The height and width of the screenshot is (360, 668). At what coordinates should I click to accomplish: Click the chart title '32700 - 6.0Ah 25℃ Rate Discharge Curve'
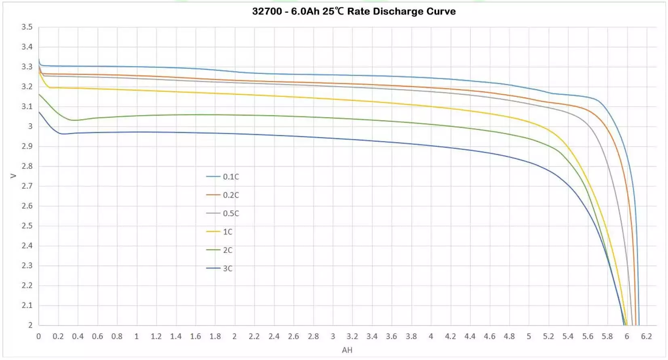354,11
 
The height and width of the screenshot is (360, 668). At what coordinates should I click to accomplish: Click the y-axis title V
13,176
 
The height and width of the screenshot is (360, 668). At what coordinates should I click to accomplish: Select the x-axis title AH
347,350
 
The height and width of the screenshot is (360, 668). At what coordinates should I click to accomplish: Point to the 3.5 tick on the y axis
27,27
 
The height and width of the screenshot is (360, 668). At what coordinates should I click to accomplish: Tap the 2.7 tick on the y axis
27,186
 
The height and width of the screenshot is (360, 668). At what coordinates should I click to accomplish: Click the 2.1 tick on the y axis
27,305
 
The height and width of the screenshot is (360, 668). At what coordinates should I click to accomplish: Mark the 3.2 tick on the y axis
27,86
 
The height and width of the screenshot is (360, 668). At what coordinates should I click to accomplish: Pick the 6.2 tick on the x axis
646,337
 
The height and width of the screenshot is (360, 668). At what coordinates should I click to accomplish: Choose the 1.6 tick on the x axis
195,337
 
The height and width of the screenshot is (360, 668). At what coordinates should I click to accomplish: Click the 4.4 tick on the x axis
470,337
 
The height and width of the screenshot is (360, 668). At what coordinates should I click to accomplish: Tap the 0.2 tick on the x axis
58,337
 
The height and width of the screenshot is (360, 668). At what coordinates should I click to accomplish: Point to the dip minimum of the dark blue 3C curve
63,134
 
